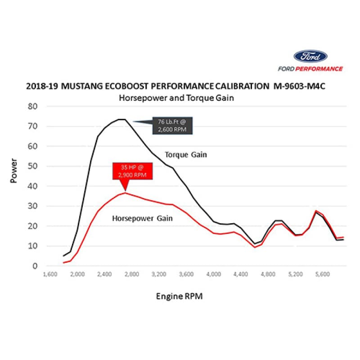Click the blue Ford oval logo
pos(310,57)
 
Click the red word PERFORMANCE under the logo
pos(322,69)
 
